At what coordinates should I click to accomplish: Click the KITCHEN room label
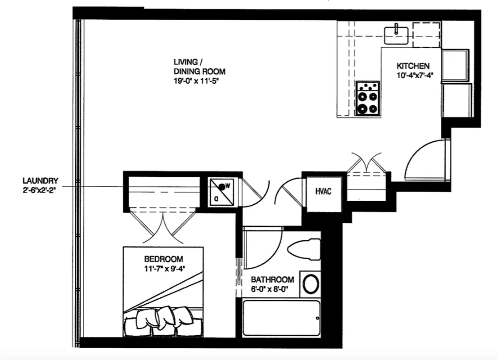coord(413,65)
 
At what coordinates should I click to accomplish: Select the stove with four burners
coord(367,99)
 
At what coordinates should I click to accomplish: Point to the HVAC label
coord(323,192)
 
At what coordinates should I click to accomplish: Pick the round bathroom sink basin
coord(311,284)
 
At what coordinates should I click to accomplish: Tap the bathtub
coord(281,318)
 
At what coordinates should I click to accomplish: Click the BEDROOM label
coord(163,259)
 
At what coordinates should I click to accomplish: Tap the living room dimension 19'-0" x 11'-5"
coord(199,82)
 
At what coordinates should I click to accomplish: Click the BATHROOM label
coord(272,279)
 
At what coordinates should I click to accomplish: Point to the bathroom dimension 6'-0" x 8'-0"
coord(272,289)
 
